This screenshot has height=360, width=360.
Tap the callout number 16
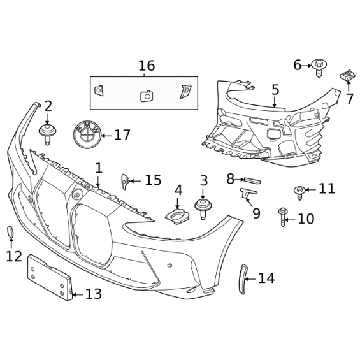[x=147, y=66]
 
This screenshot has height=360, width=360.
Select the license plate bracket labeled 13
[x=50, y=278]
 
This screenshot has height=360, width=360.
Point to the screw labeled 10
[x=282, y=217]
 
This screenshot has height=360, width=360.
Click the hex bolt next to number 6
[x=319, y=68]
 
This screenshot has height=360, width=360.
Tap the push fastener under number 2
[x=47, y=134]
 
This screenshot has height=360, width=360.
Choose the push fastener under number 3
[x=203, y=209]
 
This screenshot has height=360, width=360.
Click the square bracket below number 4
[x=178, y=217]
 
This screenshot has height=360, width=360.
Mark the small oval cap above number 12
[x=10, y=232]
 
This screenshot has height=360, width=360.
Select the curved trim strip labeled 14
[x=243, y=279]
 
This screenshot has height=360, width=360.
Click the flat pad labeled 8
[x=252, y=181]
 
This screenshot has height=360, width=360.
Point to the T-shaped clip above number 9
[x=248, y=193]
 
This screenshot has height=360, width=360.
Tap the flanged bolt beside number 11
[x=299, y=192]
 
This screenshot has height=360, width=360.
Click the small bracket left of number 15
[x=125, y=182]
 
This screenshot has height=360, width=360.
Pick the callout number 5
[x=275, y=90]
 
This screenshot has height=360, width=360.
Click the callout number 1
[x=99, y=168]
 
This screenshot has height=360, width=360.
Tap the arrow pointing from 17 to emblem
[x=107, y=136]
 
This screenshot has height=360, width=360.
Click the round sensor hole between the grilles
[x=76, y=194]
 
